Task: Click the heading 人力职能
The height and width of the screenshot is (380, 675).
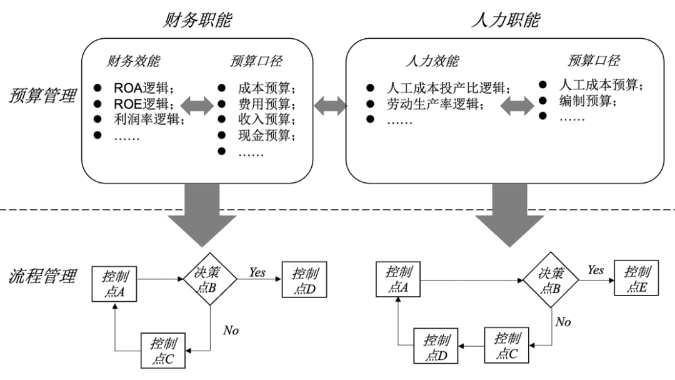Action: tap(504, 20)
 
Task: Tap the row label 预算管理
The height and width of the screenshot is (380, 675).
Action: tap(43, 96)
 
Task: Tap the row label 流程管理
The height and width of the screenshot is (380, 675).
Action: tap(43, 275)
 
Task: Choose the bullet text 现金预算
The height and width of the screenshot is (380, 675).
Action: tap(266, 136)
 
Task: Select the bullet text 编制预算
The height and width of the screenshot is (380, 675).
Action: tap(584, 100)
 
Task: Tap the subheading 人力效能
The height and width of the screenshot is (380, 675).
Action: tap(431, 61)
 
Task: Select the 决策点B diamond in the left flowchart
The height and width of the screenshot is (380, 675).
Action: tap(209, 282)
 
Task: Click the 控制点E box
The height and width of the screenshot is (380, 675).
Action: tap(637, 279)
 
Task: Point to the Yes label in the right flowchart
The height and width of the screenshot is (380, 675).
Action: tap(595, 270)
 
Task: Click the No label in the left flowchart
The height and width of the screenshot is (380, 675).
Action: tap(231, 329)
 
